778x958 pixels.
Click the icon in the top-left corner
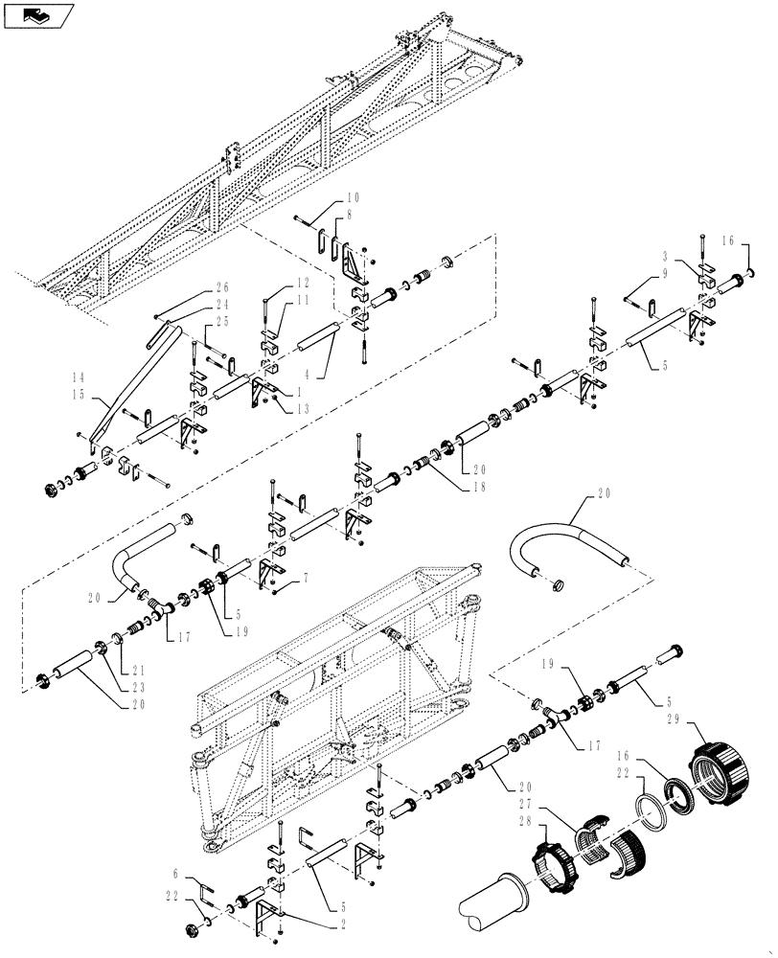click(37, 15)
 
